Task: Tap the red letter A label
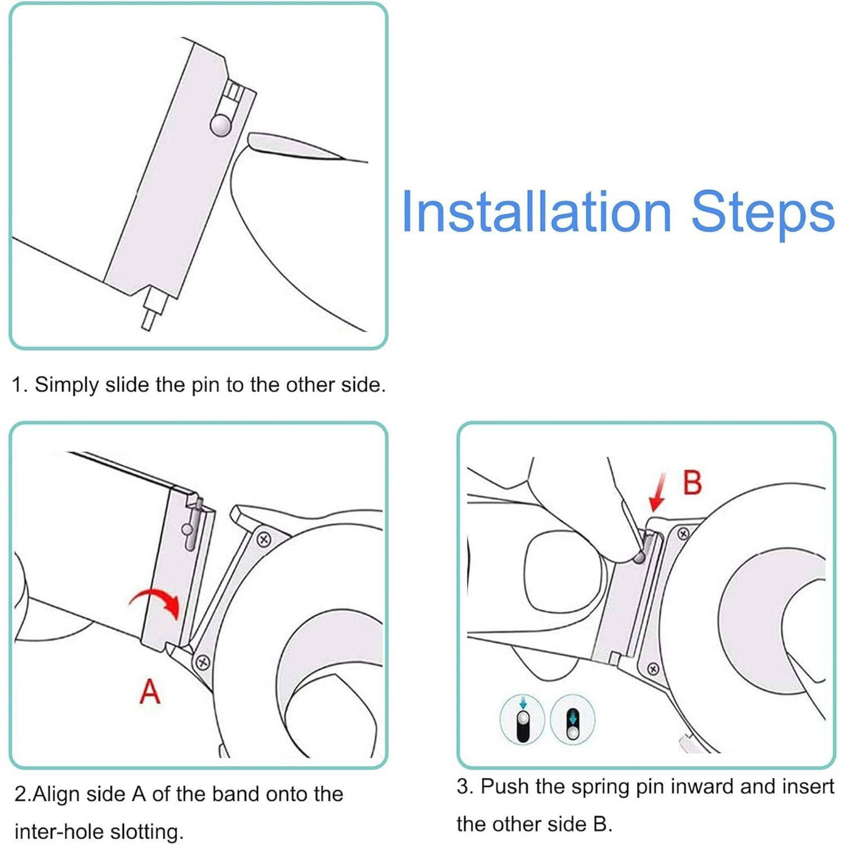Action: [x=150, y=692]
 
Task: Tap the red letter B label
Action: [x=692, y=483]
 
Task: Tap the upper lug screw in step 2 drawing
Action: [x=264, y=539]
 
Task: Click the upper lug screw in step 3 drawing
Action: [x=683, y=533]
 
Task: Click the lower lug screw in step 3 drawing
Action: [x=653, y=669]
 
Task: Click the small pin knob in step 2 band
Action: [x=187, y=530]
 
